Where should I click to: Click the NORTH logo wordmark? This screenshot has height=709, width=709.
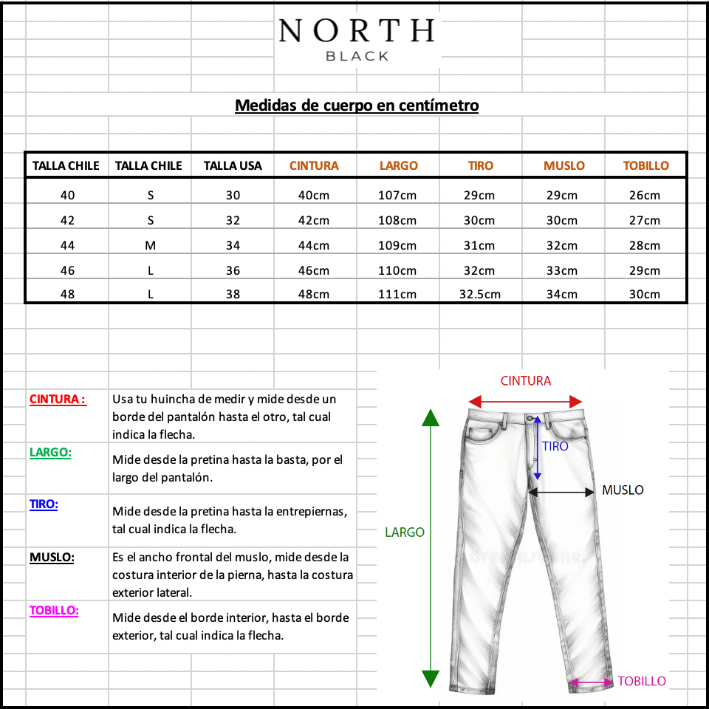(357, 31)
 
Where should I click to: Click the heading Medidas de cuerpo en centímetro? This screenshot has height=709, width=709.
(357, 106)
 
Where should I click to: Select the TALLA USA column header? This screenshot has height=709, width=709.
(233, 165)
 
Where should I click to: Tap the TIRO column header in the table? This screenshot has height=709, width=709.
(480, 165)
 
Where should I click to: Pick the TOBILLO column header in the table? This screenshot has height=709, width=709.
(645, 165)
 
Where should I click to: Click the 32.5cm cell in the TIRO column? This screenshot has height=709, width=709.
(480, 294)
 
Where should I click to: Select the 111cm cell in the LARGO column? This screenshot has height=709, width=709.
(397, 294)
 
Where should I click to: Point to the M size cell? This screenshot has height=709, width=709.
(150, 245)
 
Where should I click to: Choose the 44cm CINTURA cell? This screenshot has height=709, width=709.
(315, 245)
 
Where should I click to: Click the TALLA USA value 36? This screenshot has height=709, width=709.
(233, 270)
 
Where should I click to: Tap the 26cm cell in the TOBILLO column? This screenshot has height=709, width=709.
(645, 195)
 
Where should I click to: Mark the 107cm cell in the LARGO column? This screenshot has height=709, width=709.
(397, 195)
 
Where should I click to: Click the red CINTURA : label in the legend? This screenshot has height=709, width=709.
(58, 400)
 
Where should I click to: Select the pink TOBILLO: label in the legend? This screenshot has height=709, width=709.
(54, 611)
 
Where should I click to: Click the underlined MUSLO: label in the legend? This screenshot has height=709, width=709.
(52, 558)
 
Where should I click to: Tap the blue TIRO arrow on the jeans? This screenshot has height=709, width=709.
(538, 447)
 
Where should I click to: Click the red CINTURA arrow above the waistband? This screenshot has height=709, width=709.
(526, 402)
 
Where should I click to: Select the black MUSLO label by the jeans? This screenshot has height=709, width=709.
(623, 490)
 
